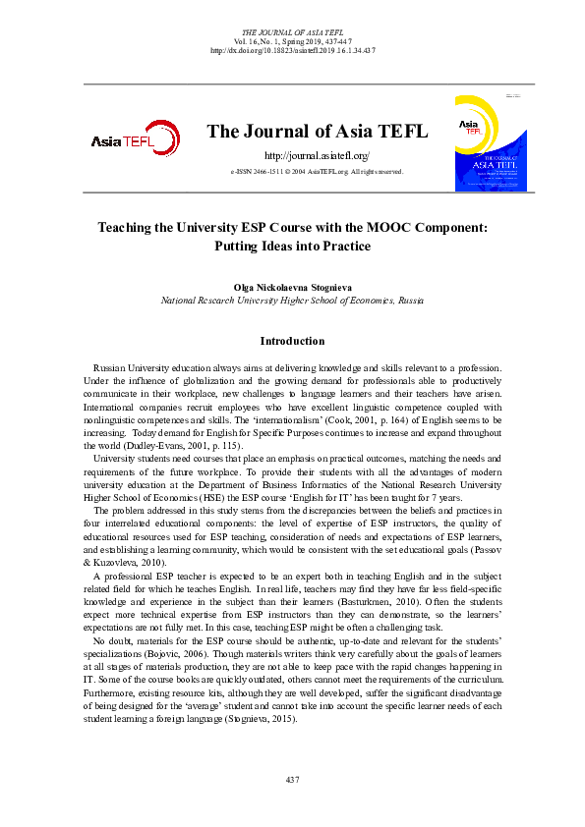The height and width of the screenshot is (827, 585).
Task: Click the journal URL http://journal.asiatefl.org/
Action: (x=317, y=156)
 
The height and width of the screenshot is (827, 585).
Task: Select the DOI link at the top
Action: (x=292, y=50)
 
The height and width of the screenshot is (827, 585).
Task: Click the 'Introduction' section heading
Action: (x=292, y=342)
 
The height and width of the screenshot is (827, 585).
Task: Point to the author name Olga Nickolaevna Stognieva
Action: (x=292, y=285)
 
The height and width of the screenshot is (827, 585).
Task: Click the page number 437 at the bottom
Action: (x=292, y=780)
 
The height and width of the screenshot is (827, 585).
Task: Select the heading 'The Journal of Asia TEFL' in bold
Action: (x=317, y=133)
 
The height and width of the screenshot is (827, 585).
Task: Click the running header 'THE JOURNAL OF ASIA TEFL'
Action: (x=292, y=32)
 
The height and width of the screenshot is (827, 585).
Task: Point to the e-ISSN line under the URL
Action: (x=317, y=172)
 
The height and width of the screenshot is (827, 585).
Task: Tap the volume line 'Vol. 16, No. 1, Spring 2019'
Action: (x=292, y=41)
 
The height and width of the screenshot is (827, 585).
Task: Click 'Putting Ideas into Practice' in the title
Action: (x=292, y=247)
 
